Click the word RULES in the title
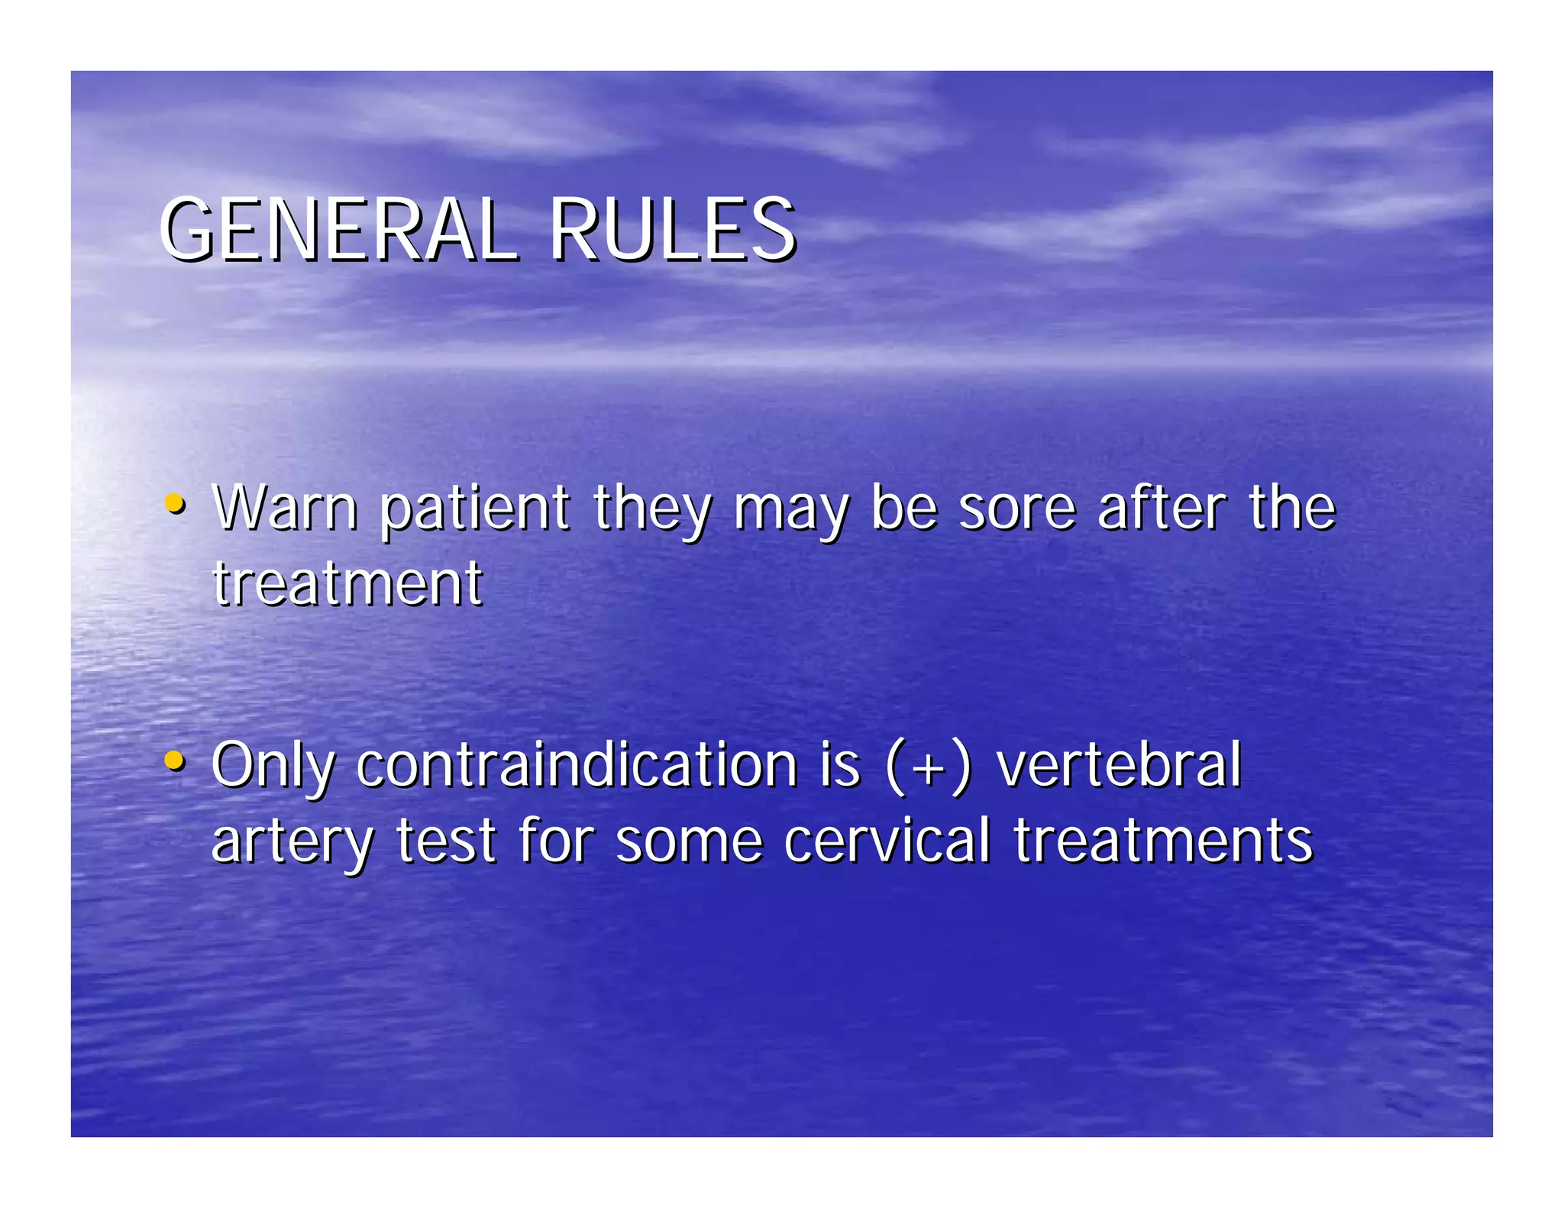pyautogui.click(x=672, y=229)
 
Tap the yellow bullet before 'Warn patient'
pyautogui.click(x=175, y=504)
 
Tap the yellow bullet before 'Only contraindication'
pyautogui.click(x=175, y=761)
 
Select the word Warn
pyautogui.click(x=285, y=507)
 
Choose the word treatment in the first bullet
pyautogui.click(x=347, y=584)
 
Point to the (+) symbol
pyautogui.click(x=929, y=766)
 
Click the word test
pyautogui.click(x=447, y=841)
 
